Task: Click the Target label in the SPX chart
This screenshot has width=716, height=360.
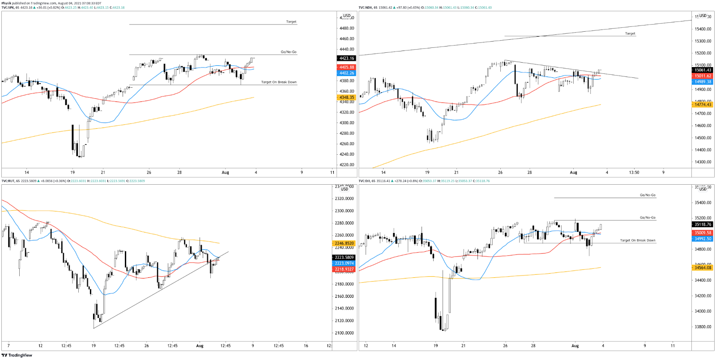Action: tap(291, 21)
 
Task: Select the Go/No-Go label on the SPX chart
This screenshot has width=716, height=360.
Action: tap(289, 52)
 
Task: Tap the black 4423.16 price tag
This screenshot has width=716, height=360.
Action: tap(346, 58)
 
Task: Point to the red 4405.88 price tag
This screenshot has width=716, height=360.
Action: tap(346, 67)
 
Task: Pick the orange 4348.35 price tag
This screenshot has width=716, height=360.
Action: tap(346, 97)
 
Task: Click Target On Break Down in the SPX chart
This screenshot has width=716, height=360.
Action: tap(279, 82)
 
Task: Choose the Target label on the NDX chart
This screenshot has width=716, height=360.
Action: tap(630, 34)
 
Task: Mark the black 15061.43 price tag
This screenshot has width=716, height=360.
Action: tap(703, 70)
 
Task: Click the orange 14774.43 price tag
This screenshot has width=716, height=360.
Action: tap(703, 105)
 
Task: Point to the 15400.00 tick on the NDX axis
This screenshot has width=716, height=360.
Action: tap(703, 29)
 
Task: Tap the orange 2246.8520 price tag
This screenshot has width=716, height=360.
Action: tap(345, 243)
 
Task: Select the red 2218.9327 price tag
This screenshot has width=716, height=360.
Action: tap(345, 269)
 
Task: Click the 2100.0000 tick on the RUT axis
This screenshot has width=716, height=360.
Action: tap(345, 333)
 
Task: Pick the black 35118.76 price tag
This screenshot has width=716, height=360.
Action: tap(703, 224)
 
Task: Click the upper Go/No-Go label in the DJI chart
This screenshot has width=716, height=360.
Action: tap(648, 195)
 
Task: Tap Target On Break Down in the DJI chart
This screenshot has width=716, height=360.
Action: tap(638, 241)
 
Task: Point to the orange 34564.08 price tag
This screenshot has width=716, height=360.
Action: tap(703, 268)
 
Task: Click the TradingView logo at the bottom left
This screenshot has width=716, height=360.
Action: tap(17, 356)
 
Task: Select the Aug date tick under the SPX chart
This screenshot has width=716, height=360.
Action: tap(226, 172)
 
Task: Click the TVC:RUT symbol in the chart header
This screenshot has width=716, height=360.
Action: tap(8, 181)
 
